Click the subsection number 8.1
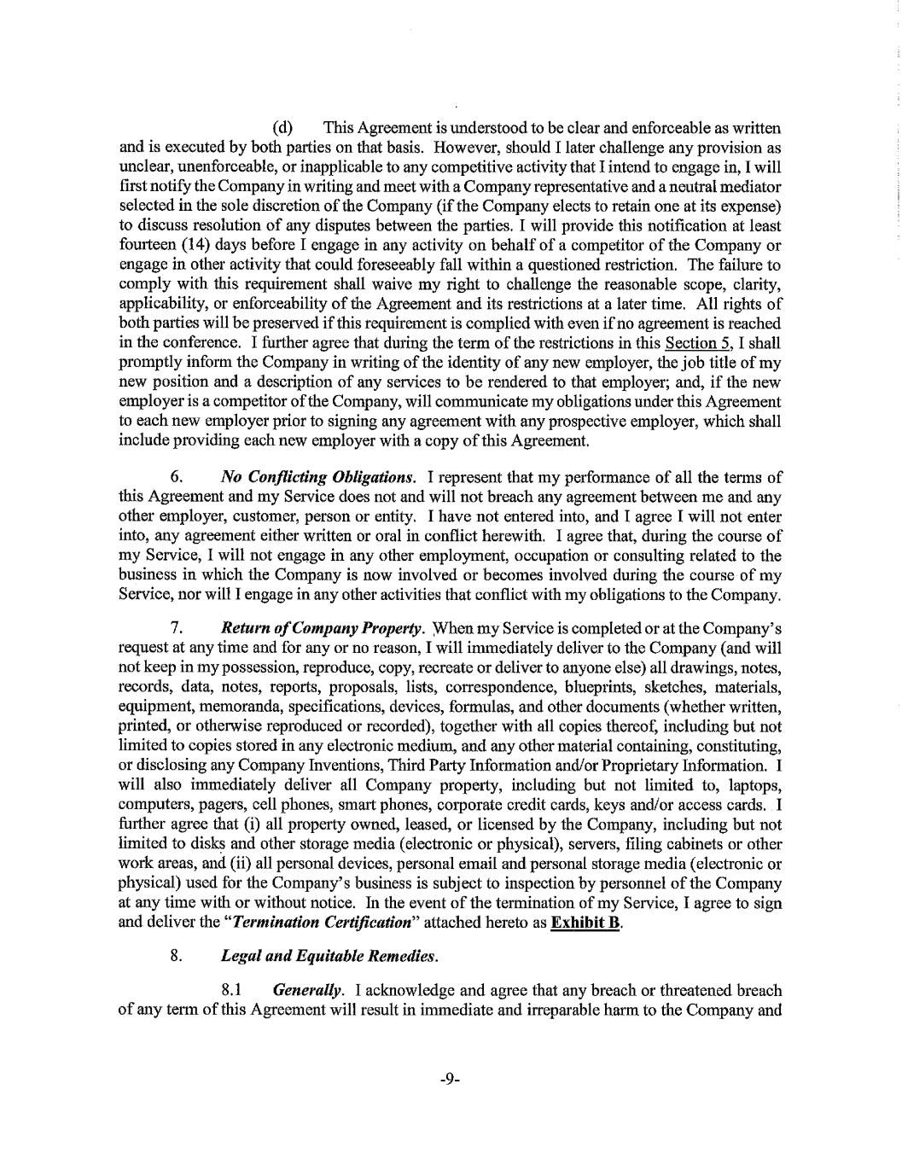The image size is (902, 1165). coord(233,991)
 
